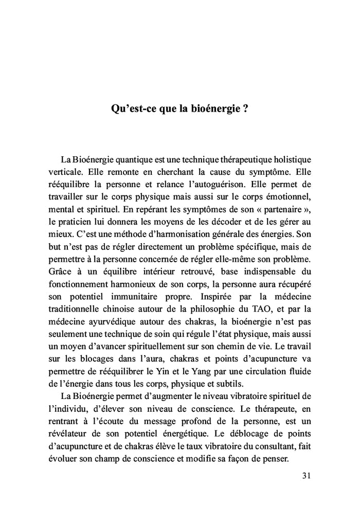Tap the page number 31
pyautogui.click(x=307, y=475)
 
